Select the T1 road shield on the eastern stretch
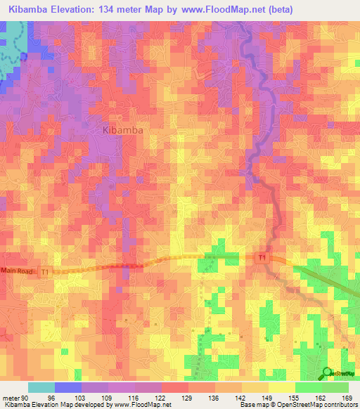(x=262, y=259)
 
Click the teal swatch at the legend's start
(x=41, y=387)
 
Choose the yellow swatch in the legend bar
(x=282, y=387)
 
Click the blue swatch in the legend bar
(x=68, y=387)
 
